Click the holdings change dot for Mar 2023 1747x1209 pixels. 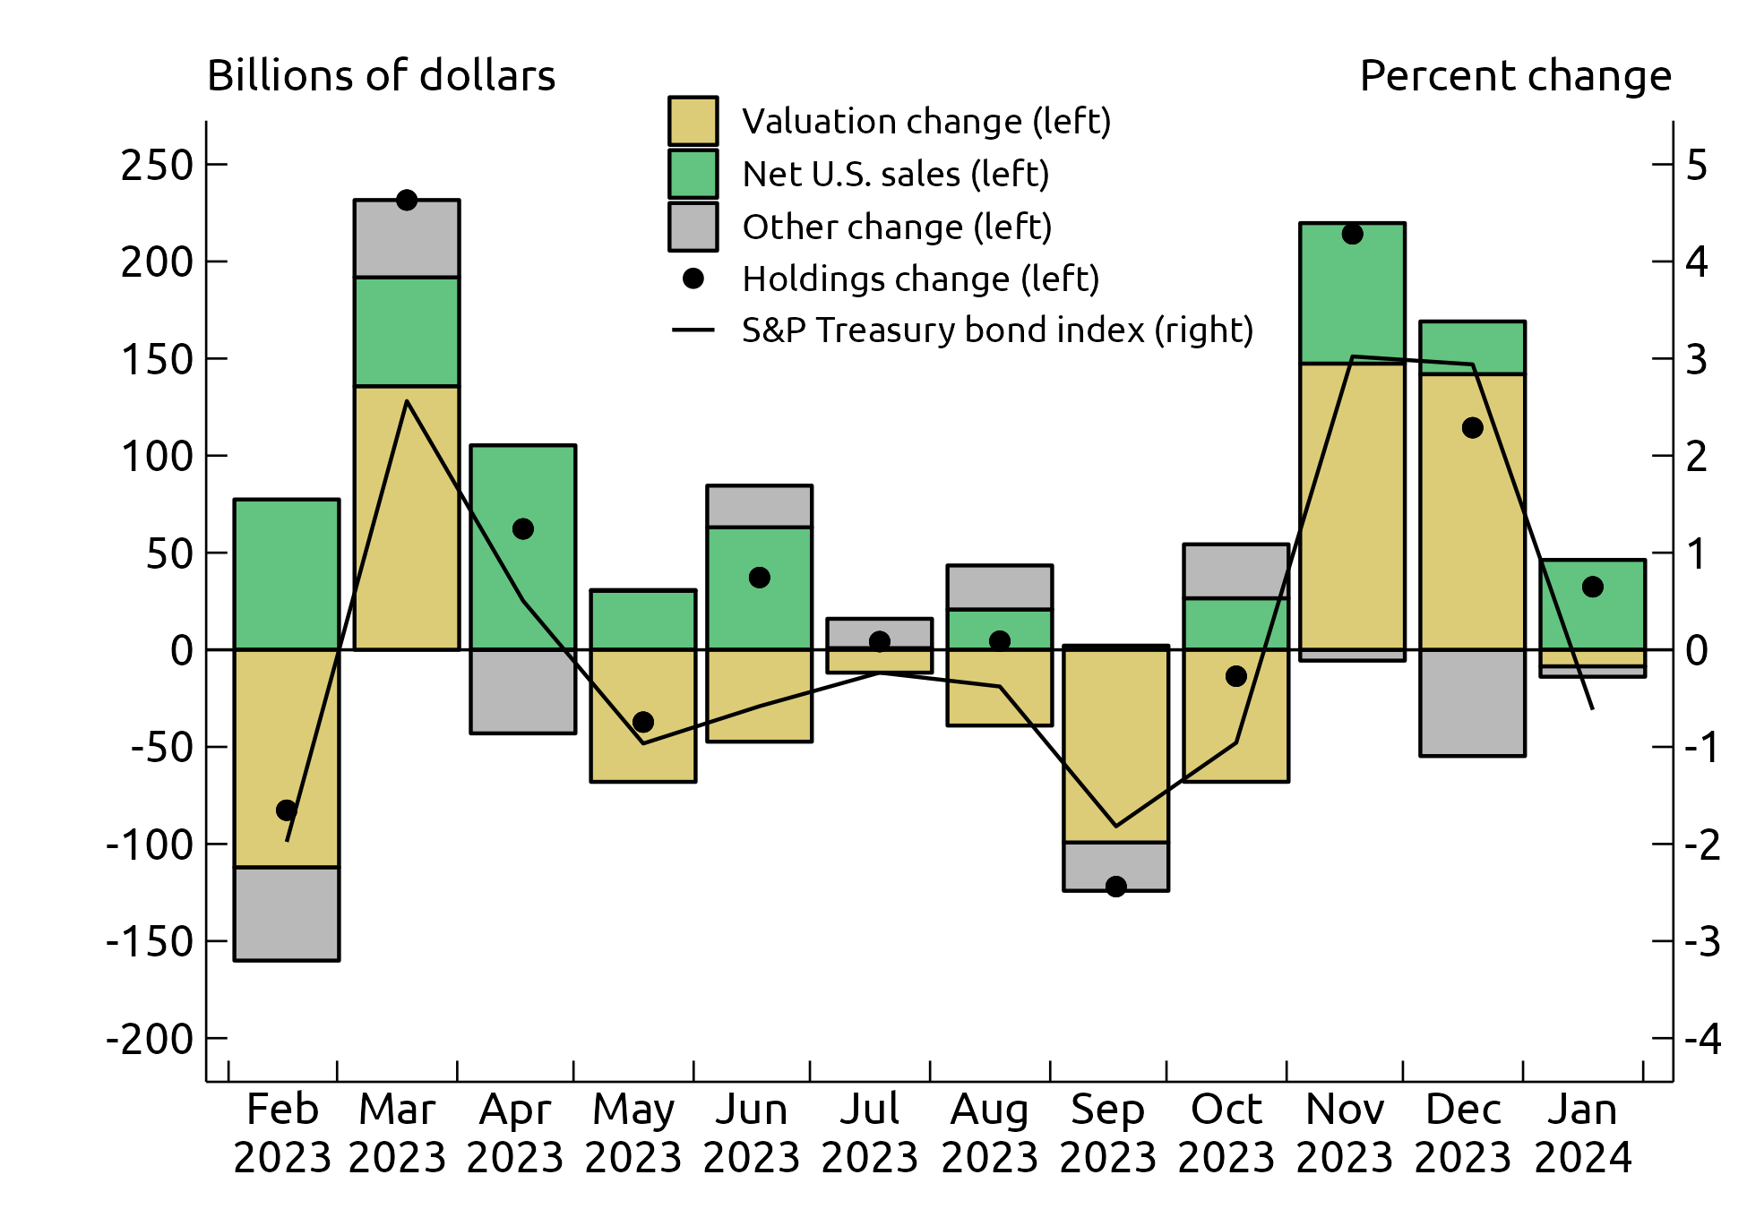pyautogui.click(x=407, y=200)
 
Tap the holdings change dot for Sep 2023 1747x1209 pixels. pyautogui.click(x=1115, y=887)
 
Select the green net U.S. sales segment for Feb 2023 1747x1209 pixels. pyautogui.click(x=287, y=574)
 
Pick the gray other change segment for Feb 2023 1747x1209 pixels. pyautogui.click(x=287, y=913)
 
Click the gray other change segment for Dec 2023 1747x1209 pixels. pyautogui.click(x=1472, y=703)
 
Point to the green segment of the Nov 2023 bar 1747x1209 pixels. pyautogui.click(x=1352, y=293)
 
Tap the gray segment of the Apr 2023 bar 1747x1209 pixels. pyautogui.click(x=522, y=691)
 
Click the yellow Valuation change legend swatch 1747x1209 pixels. pyautogui.click(x=693, y=121)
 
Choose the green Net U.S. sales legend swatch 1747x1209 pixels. pyautogui.click(x=693, y=174)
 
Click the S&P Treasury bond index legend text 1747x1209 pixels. pyautogui.click(x=997, y=330)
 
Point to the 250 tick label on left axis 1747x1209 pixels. pyautogui.click(x=158, y=166)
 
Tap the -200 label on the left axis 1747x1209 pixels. pyautogui.click(x=150, y=1039)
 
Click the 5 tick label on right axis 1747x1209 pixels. pyautogui.click(x=1697, y=166)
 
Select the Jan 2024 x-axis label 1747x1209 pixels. pyautogui.click(x=1583, y=1133)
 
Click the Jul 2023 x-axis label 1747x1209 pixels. pyautogui.click(x=870, y=1133)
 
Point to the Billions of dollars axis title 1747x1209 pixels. pyautogui.click(x=381, y=76)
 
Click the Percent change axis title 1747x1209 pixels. pyautogui.click(x=1515, y=76)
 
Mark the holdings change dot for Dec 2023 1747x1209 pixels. pyautogui.click(x=1472, y=428)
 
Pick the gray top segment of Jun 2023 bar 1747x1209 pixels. pyautogui.click(x=759, y=506)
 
